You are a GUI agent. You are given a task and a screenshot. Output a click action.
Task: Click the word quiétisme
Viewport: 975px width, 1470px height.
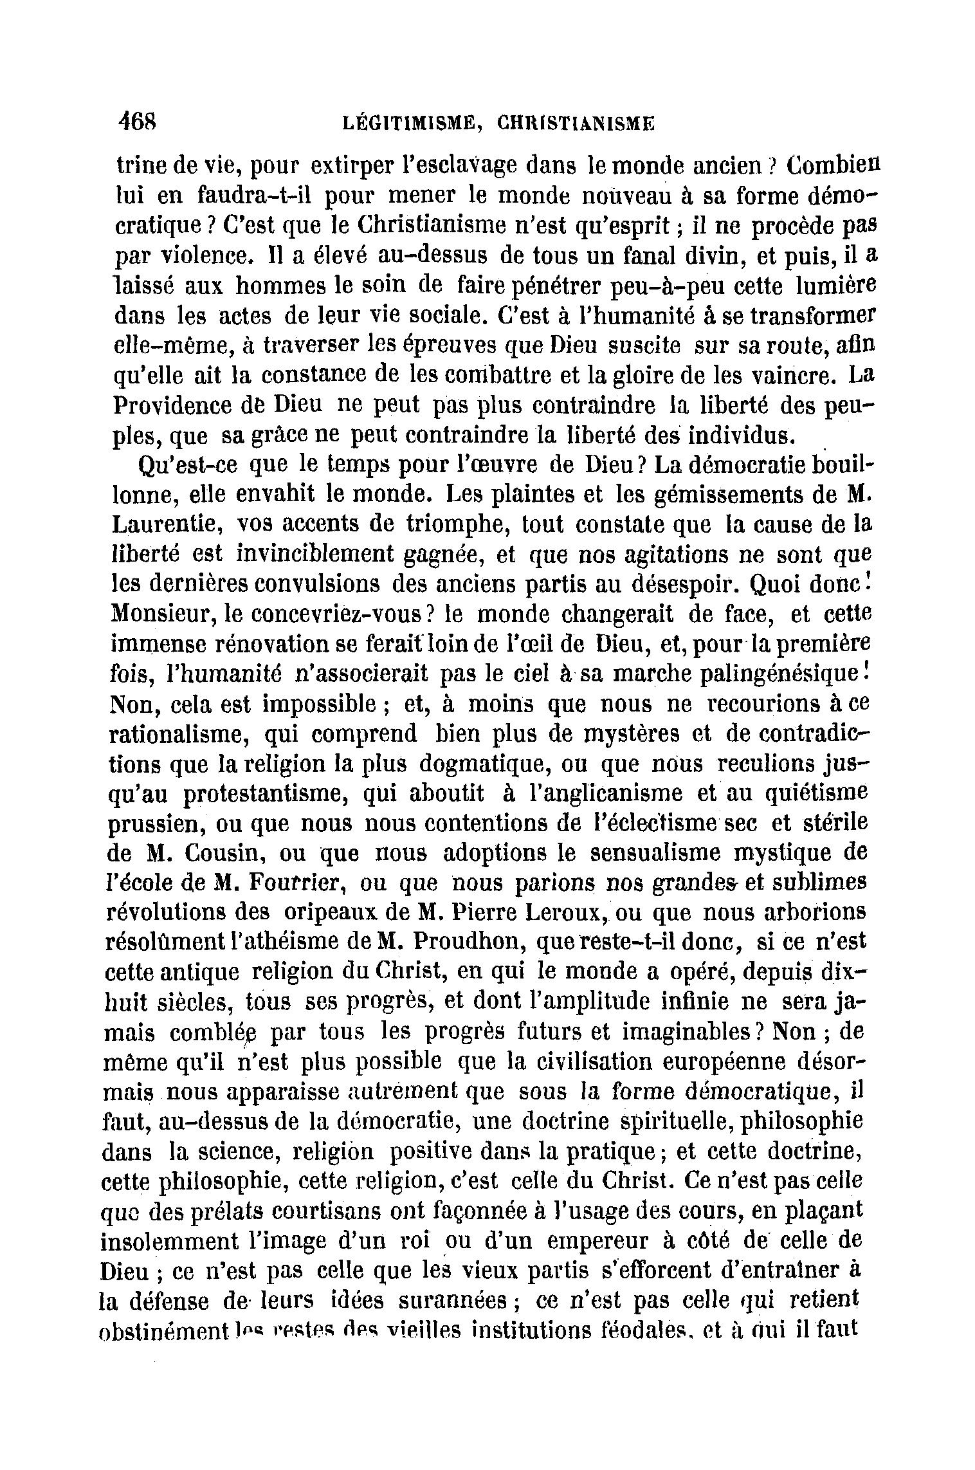click(x=816, y=794)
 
